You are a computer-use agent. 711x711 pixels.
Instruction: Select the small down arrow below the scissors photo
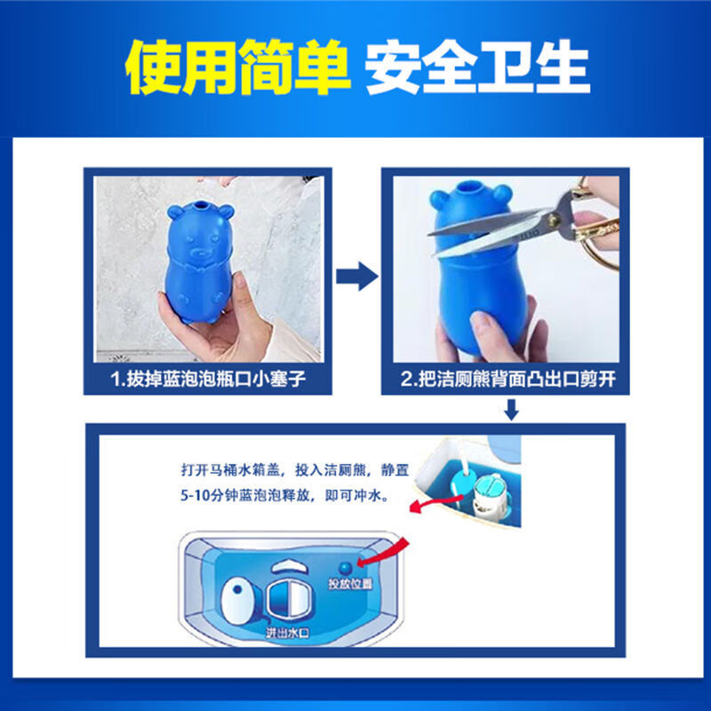point(511,410)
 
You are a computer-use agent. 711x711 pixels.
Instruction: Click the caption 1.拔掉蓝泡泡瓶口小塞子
point(208,380)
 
